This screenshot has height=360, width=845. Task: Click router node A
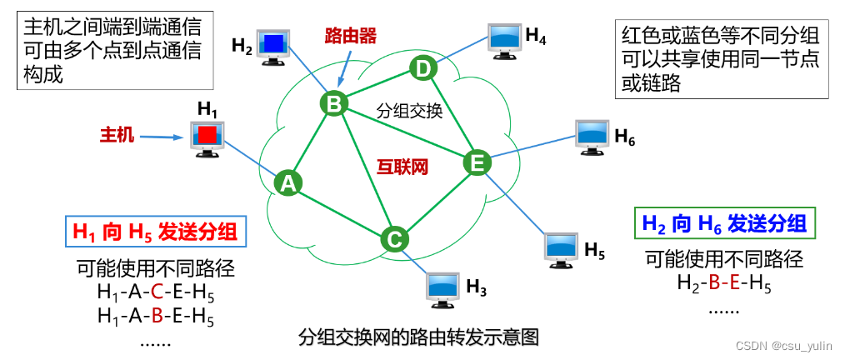[x=288, y=182]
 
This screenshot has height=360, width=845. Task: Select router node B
[x=333, y=103]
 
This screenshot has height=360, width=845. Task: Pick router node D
[x=422, y=68]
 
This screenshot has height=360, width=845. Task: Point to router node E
[x=477, y=163]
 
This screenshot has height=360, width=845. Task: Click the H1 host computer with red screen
[x=206, y=137]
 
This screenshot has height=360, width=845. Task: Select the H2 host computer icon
[x=272, y=45]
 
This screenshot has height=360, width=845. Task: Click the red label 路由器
[x=351, y=36]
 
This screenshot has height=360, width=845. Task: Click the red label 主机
[x=117, y=134]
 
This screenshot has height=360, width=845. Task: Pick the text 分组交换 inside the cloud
[x=409, y=110]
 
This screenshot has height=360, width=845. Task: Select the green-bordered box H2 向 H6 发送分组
[x=724, y=223]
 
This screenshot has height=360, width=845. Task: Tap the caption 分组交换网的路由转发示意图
[x=419, y=337]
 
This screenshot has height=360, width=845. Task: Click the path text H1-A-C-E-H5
[x=156, y=292]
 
